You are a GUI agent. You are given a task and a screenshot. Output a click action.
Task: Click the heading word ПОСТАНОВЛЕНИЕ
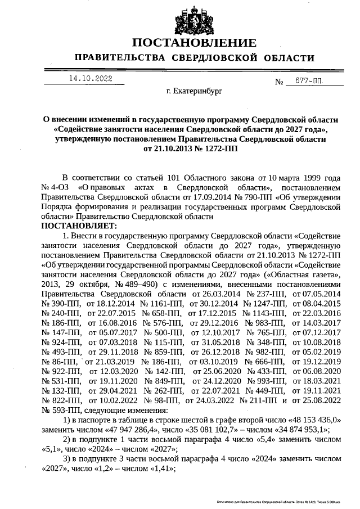click(194, 43)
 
